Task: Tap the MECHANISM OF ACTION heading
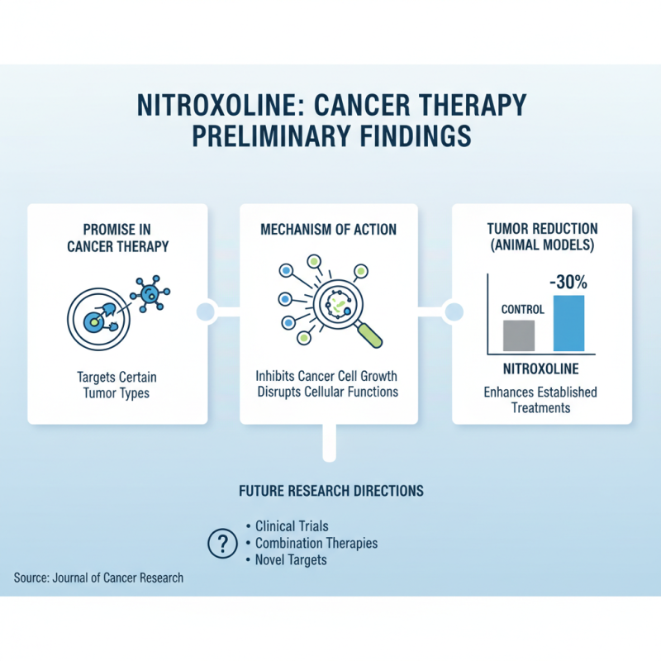pyautogui.click(x=328, y=229)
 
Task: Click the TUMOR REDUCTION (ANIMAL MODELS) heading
pyautogui.click(x=541, y=237)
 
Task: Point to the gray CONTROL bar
pyautogui.click(x=518, y=335)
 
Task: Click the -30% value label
pyautogui.click(x=568, y=281)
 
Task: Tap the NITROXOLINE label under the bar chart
pyautogui.click(x=540, y=368)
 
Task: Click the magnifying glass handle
pyautogui.click(x=371, y=335)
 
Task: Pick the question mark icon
pyautogui.click(x=221, y=544)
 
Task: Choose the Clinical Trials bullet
pyautogui.click(x=292, y=525)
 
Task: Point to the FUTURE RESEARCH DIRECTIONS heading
pyautogui.click(x=330, y=491)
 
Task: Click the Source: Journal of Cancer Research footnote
pyautogui.click(x=98, y=578)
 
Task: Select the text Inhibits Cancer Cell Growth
pyautogui.click(x=327, y=377)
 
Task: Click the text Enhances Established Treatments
pyautogui.click(x=540, y=400)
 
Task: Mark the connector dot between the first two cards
pyautogui.click(x=206, y=311)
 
